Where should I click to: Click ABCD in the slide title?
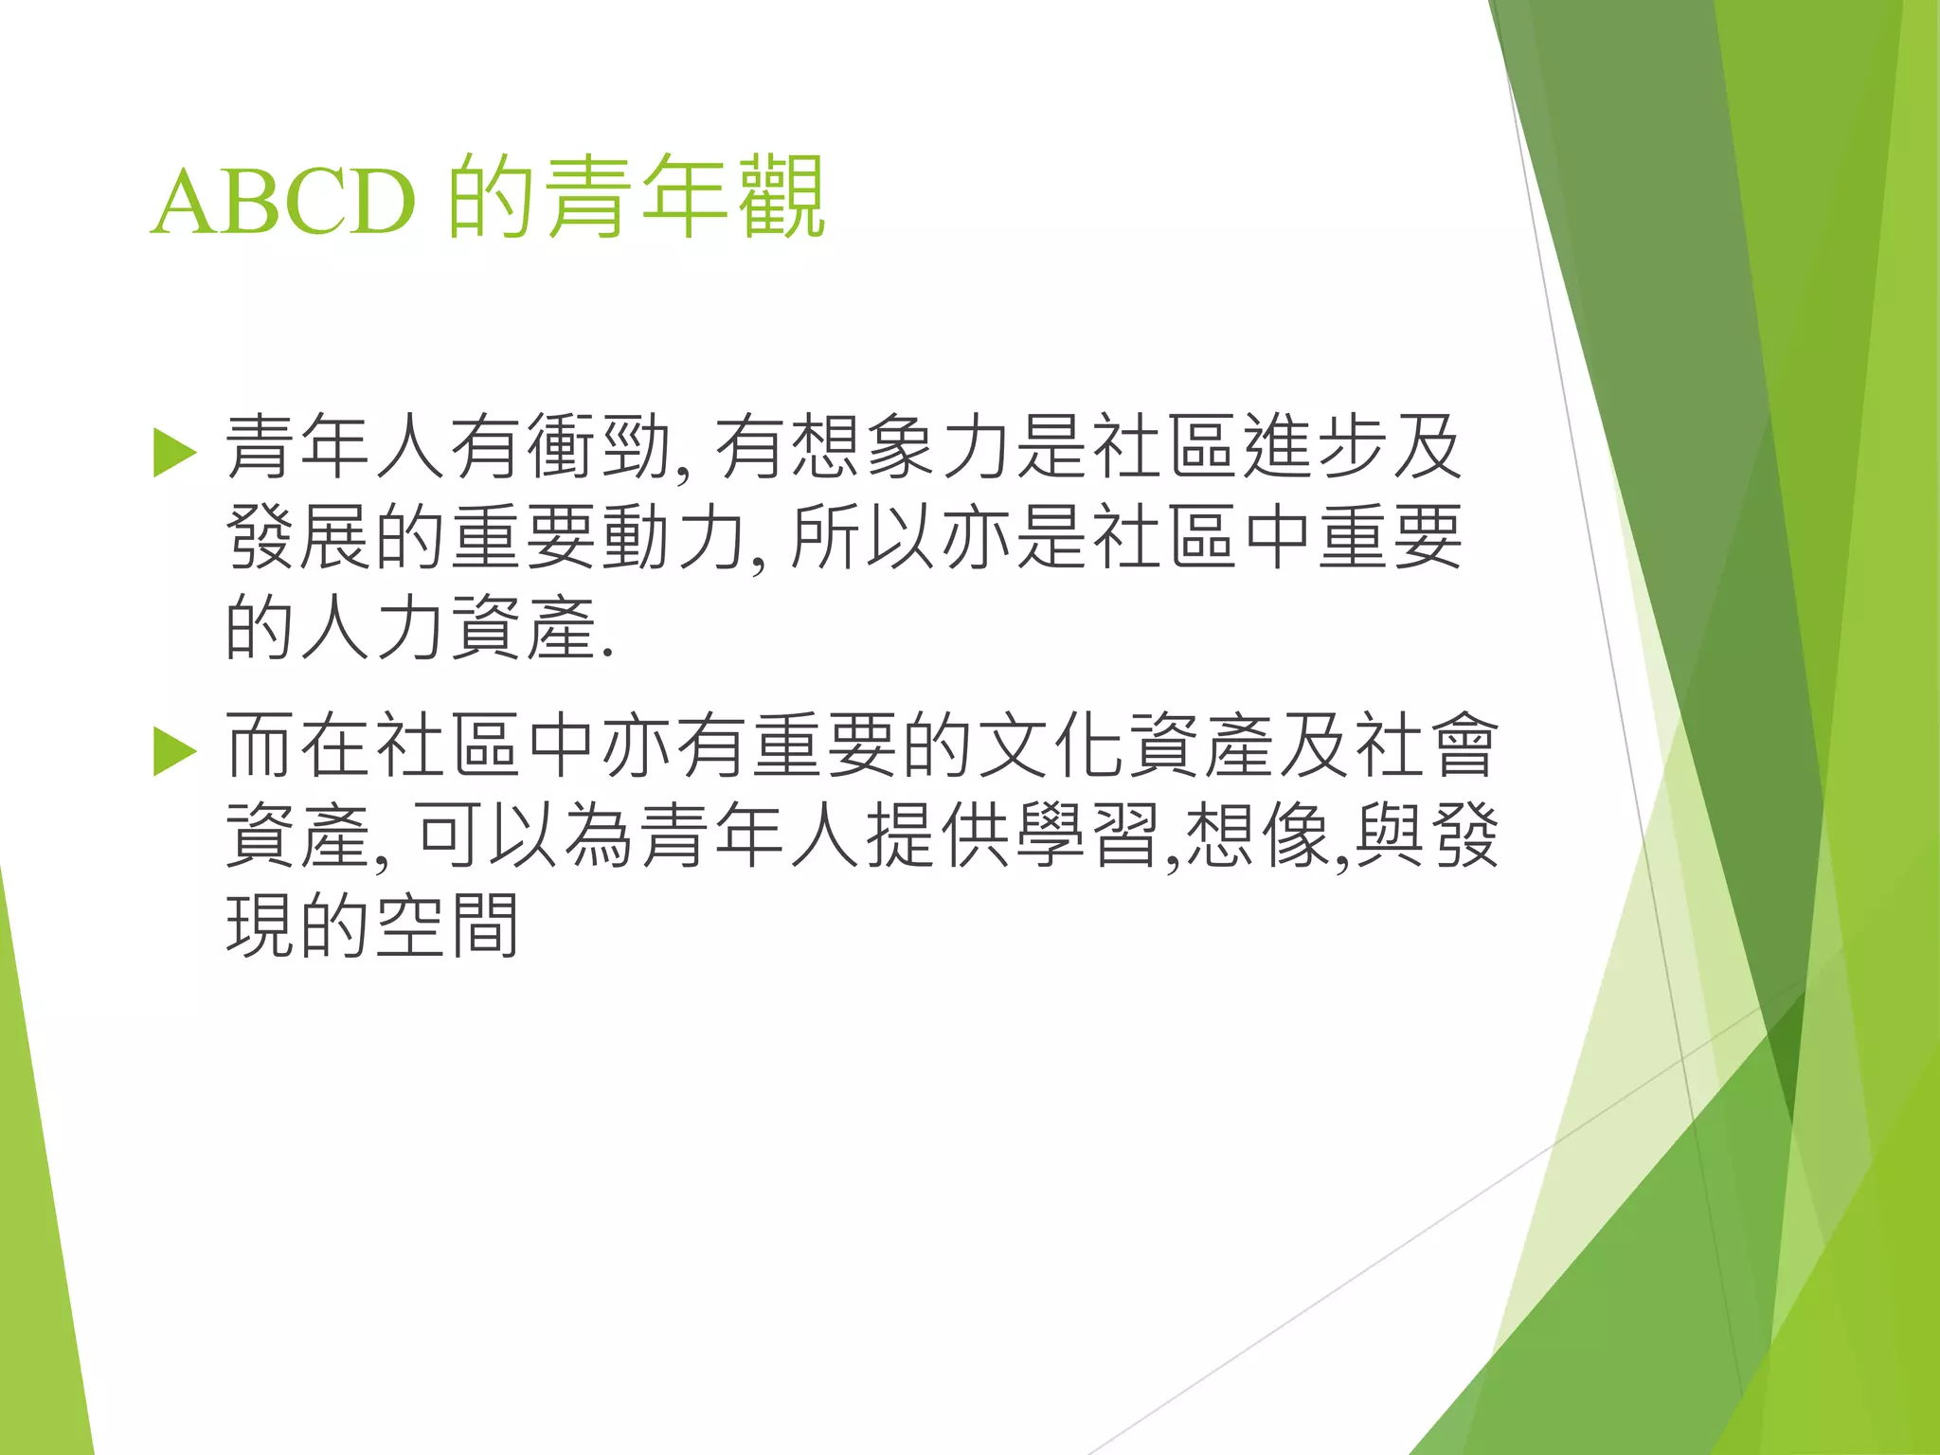coord(283,202)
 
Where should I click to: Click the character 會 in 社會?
coord(1464,746)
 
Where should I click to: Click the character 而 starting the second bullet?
coord(260,746)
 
